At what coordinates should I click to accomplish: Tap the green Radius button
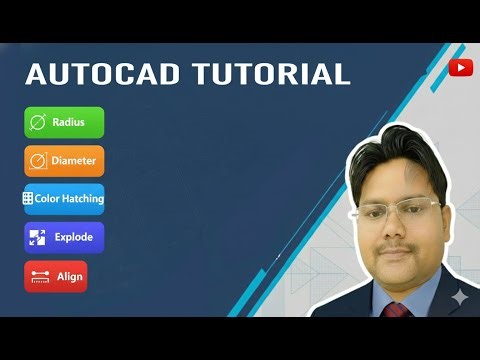click(x=64, y=122)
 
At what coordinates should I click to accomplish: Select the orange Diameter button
click(x=64, y=160)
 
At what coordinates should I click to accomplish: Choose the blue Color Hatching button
click(x=64, y=198)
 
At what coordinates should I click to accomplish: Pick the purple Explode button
click(x=64, y=237)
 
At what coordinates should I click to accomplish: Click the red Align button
click(x=56, y=276)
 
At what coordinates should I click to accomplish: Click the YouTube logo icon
click(x=461, y=67)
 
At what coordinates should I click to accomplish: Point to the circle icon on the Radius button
click(x=38, y=122)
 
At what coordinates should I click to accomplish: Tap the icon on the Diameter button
click(x=38, y=160)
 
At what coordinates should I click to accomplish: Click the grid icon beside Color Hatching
click(x=28, y=198)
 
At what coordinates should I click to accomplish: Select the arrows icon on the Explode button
click(x=38, y=237)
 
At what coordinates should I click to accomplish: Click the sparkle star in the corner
click(x=458, y=298)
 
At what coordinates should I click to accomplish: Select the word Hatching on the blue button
click(x=82, y=198)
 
